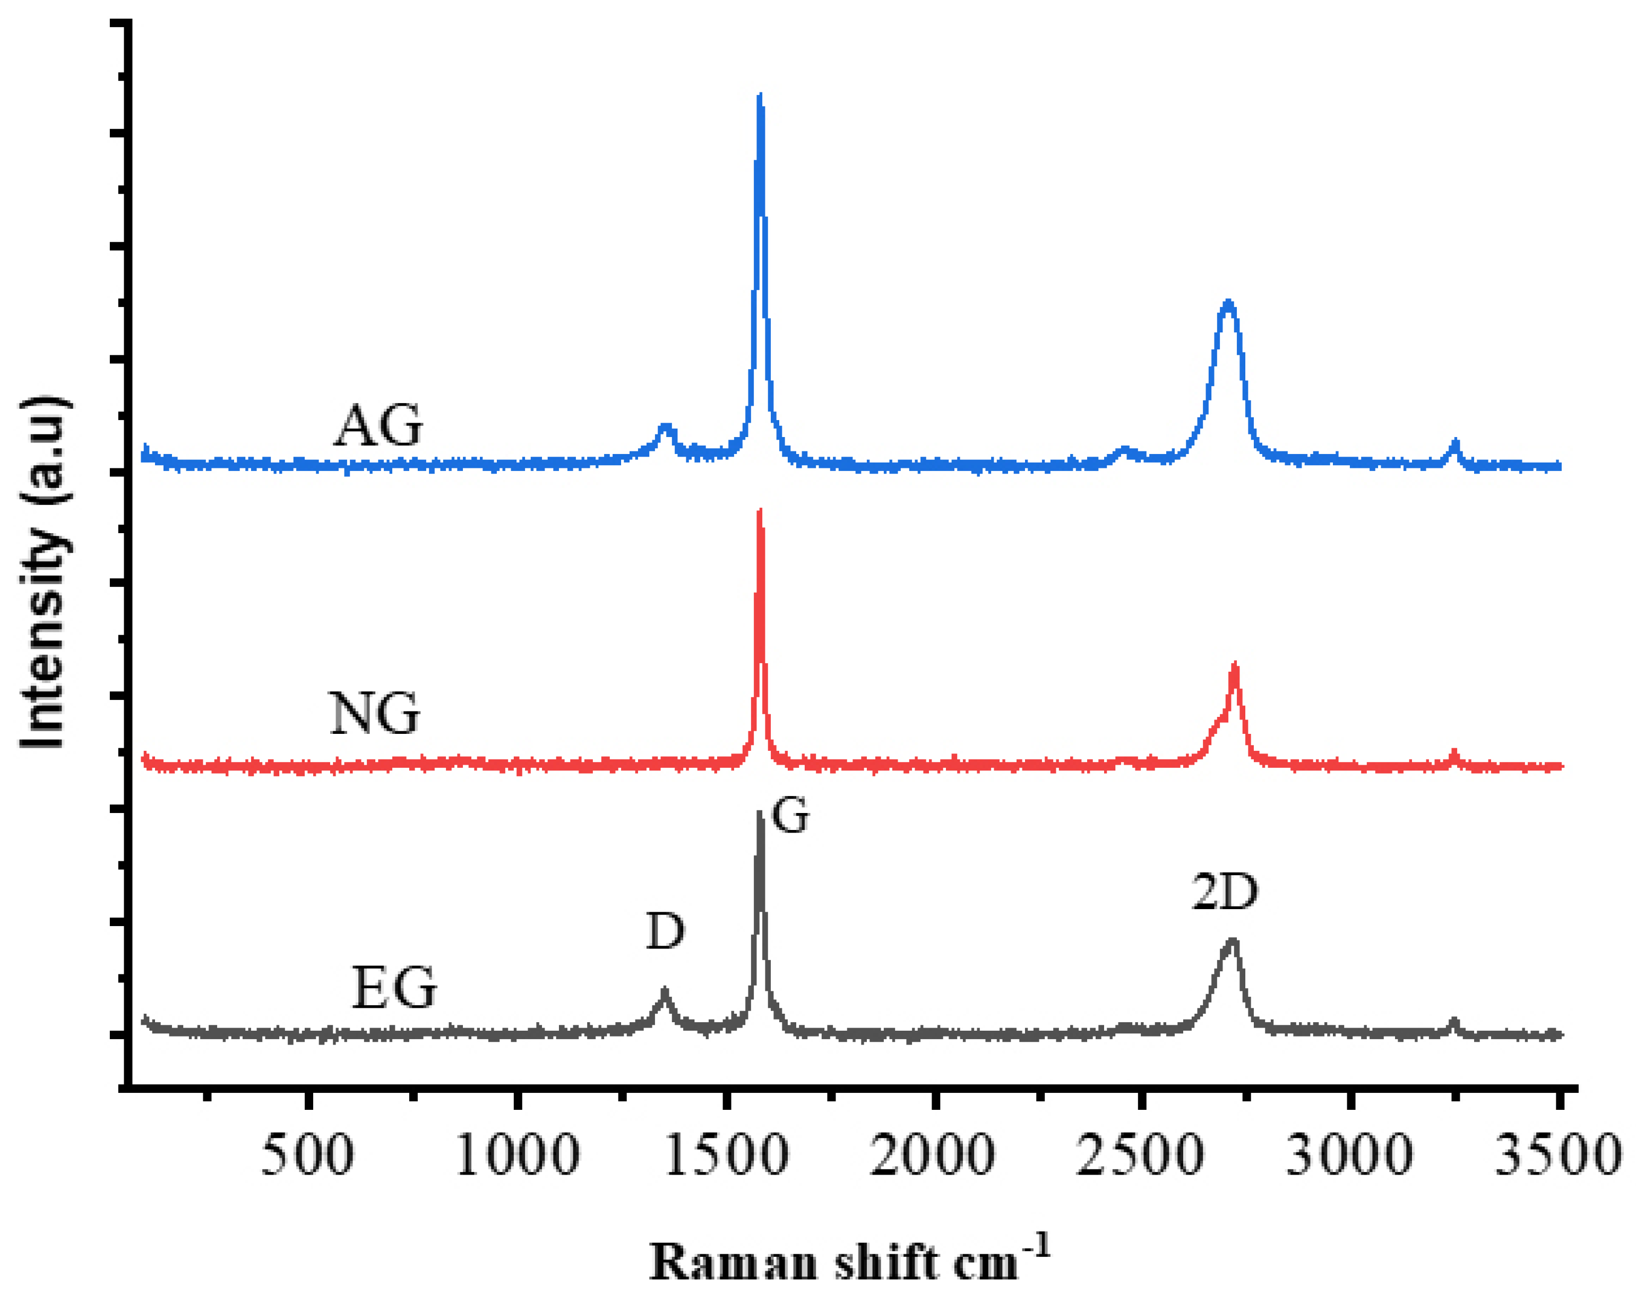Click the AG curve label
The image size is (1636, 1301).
click(378, 426)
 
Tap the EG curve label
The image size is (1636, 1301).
click(394, 988)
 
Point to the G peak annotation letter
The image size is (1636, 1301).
click(790, 817)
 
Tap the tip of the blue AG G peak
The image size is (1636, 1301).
click(760, 97)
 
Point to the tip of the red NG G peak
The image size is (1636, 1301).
click(760, 511)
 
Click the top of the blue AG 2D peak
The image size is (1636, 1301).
click(1228, 304)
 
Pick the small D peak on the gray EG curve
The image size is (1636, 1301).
click(665, 991)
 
